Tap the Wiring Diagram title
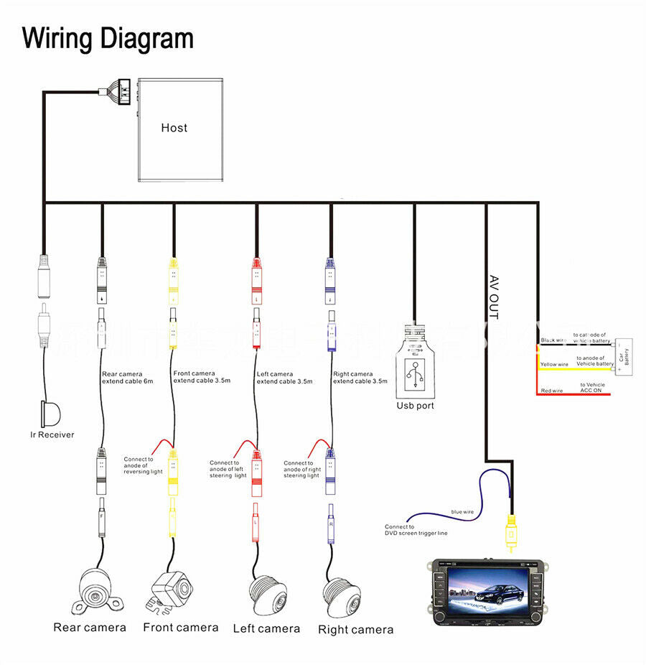click(x=108, y=38)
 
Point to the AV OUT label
click(x=494, y=296)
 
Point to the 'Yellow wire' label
click(x=553, y=365)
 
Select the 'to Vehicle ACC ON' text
click(x=591, y=388)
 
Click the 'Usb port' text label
click(x=415, y=406)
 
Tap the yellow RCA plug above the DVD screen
click(x=510, y=532)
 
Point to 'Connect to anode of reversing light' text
click(x=143, y=465)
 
